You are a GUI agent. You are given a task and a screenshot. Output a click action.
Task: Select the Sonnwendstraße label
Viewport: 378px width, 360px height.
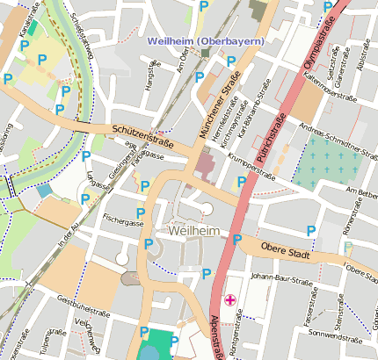(333, 335)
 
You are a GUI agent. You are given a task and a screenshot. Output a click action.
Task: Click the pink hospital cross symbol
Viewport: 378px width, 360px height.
(230, 300)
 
